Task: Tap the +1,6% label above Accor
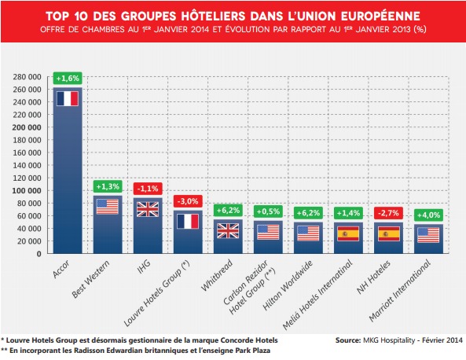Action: [x=68, y=78]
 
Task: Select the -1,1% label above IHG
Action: [x=148, y=188]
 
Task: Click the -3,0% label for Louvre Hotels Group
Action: [x=188, y=200]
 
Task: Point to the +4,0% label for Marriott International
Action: [x=429, y=215]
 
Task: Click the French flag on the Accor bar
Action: [x=68, y=99]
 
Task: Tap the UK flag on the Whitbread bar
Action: [x=228, y=231]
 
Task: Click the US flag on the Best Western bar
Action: [x=108, y=207]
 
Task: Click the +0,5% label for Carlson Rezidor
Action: [x=268, y=211]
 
